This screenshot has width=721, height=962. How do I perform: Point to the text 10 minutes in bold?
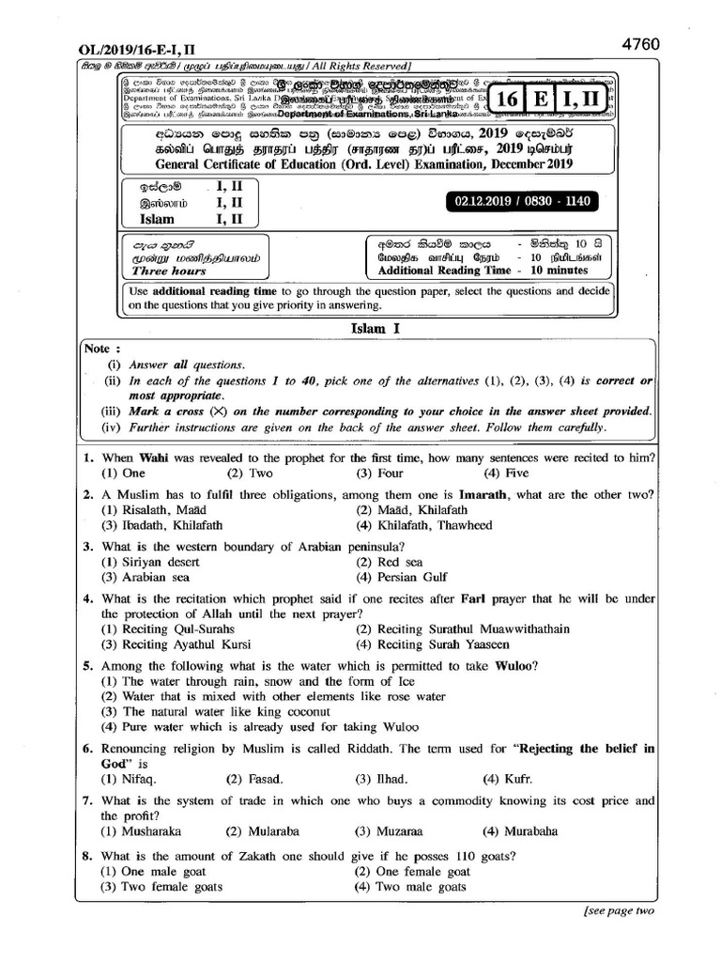[x=560, y=271]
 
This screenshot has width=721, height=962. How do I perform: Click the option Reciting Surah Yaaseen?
[x=430, y=645]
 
